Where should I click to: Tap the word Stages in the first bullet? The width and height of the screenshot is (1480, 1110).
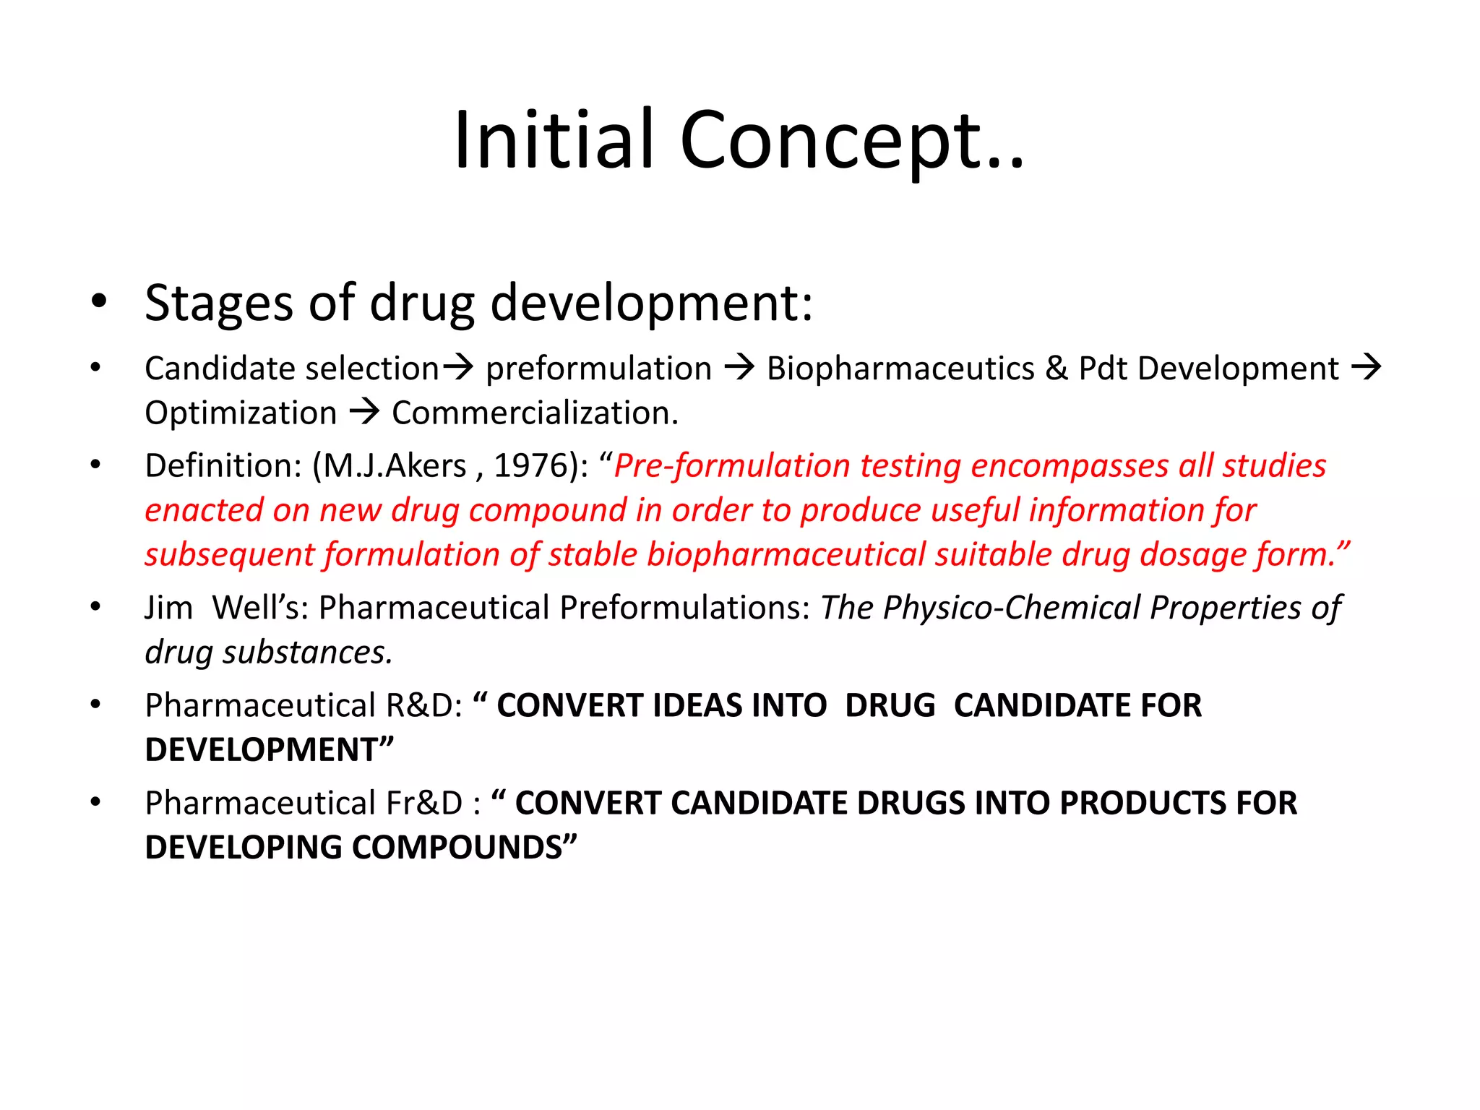(x=219, y=303)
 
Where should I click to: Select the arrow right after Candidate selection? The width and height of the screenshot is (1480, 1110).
(x=458, y=368)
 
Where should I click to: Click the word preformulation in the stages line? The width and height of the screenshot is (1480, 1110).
(x=598, y=369)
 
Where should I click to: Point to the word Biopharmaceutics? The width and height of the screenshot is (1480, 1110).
(x=900, y=369)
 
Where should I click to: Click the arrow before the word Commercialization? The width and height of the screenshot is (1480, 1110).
(x=365, y=413)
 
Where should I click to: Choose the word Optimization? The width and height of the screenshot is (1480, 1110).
(x=241, y=414)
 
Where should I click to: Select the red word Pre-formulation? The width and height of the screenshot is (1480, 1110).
(x=731, y=466)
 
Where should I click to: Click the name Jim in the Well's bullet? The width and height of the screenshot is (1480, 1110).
(x=168, y=608)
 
